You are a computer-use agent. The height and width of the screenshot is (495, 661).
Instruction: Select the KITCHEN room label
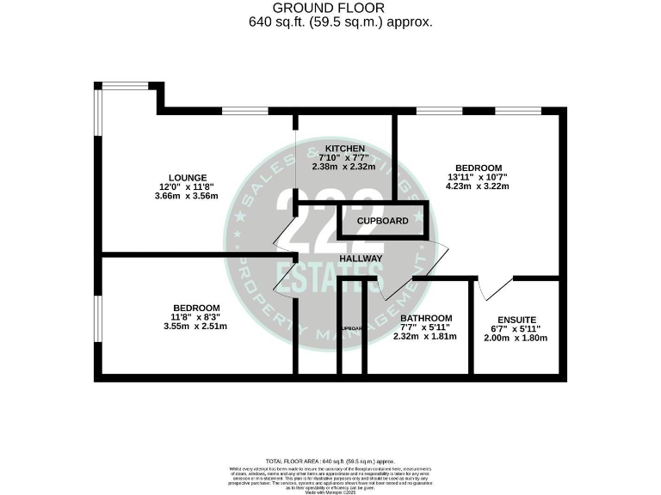pyautogui.click(x=344, y=149)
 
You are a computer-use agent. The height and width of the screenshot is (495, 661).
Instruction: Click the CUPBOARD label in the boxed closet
pyautogui.click(x=384, y=221)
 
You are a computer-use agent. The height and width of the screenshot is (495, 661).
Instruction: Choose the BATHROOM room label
pyautogui.click(x=426, y=317)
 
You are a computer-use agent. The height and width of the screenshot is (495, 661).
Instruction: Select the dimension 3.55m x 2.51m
pyautogui.click(x=197, y=327)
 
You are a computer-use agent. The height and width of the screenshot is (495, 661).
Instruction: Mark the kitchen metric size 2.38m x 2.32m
pyautogui.click(x=344, y=167)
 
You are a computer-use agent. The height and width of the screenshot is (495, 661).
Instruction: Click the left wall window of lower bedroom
pyautogui.click(x=98, y=318)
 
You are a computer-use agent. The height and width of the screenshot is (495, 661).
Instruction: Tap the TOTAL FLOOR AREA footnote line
pyautogui.click(x=330, y=461)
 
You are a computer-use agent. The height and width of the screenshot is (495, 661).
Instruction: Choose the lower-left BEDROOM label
pyautogui.click(x=196, y=308)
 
